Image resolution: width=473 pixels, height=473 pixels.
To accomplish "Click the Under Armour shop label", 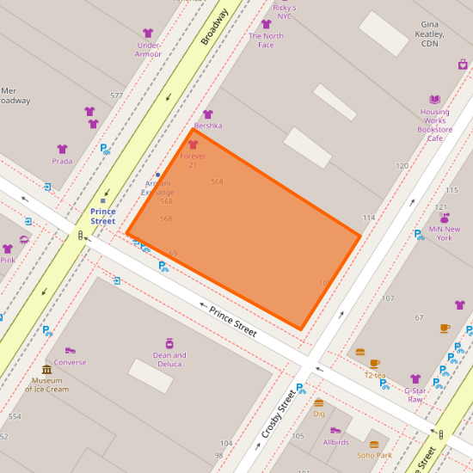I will pyautogui.click(x=148, y=49).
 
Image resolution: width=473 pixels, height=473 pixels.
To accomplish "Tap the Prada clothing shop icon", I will pyautogui.click(x=62, y=149).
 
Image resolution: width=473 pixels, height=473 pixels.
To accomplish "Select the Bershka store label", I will pyautogui.click(x=207, y=126).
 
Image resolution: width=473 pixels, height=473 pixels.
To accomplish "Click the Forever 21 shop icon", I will pyautogui.click(x=193, y=144).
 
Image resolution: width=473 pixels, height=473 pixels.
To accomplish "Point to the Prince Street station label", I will pyautogui.click(x=102, y=217).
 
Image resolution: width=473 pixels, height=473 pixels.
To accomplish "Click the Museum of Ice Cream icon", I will pyautogui.click(x=46, y=370).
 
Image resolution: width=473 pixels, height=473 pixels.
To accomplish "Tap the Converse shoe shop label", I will pyautogui.click(x=70, y=362).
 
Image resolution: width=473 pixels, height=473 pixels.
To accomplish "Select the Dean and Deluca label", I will pyautogui.click(x=169, y=359).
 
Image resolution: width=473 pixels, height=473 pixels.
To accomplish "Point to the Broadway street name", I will pyautogui.click(x=214, y=27).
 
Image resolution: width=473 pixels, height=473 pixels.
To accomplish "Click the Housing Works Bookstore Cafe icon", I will pyautogui.click(x=434, y=100).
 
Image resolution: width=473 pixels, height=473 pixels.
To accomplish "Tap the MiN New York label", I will pyautogui.click(x=445, y=234).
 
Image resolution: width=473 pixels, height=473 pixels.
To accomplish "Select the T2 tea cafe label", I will pyautogui.click(x=374, y=375).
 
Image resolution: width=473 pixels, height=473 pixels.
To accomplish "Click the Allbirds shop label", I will pyautogui.click(x=335, y=442).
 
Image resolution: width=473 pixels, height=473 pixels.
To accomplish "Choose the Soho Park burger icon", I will pyautogui.click(x=373, y=445).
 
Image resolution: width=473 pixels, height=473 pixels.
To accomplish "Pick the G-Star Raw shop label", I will pyautogui.click(x=415, y=395).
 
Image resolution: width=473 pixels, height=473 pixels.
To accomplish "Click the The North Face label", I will pyautogui.click(x=266, y=40).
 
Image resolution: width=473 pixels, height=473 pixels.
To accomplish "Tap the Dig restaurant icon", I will pyautogui.click(x=319, y=402).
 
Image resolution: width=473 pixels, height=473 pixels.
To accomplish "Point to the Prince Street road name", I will pyautogui.click(x=232, y=319).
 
